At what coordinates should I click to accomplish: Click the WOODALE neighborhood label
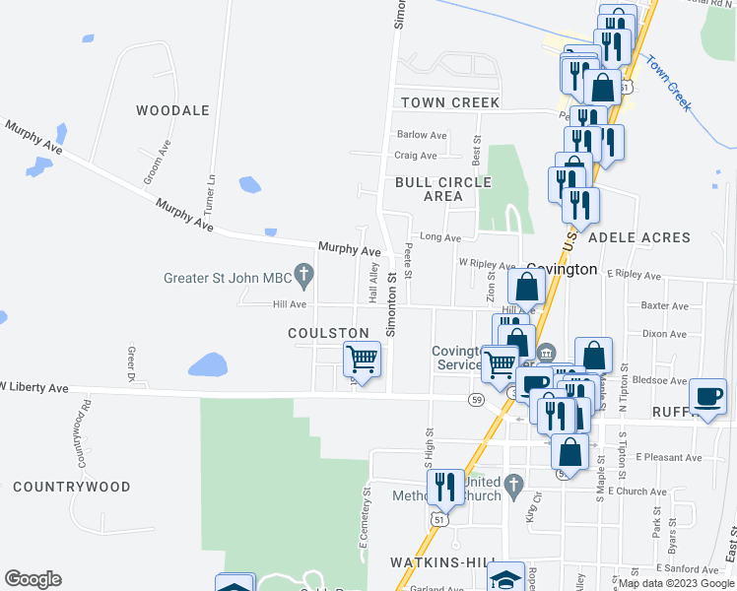pyautogui.click(x=172, y=110)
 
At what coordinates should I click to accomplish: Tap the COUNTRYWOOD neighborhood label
pyautogui.click(x=72, y=487)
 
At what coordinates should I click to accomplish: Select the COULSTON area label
pyautogui.click(x=328, y=334)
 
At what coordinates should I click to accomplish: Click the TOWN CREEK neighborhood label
pyautogui.click(x=448, y=102)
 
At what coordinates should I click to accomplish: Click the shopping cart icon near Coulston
pyautogui.click(x=362, y=360)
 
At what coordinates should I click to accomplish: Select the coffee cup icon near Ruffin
pyautogui.click(x=707, y=396)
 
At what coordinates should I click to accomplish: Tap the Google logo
pyautogui.click(x=33, y=579)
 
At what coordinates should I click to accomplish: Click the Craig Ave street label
pyautogui.click(x=415, y=156)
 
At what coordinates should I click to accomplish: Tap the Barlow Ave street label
pyautogui.click(x=422, y=135)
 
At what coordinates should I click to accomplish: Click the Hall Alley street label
pyautogui.click(x=374, y=281)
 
